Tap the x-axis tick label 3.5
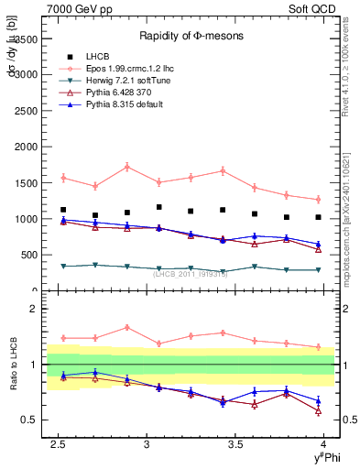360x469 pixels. tap(235, 444)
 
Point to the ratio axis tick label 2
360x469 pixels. tap(32, 309)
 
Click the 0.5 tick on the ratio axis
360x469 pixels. tap(28, 420)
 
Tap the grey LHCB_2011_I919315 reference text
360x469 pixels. tap(191, 272)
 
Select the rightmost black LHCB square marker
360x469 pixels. tap(318, 217)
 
